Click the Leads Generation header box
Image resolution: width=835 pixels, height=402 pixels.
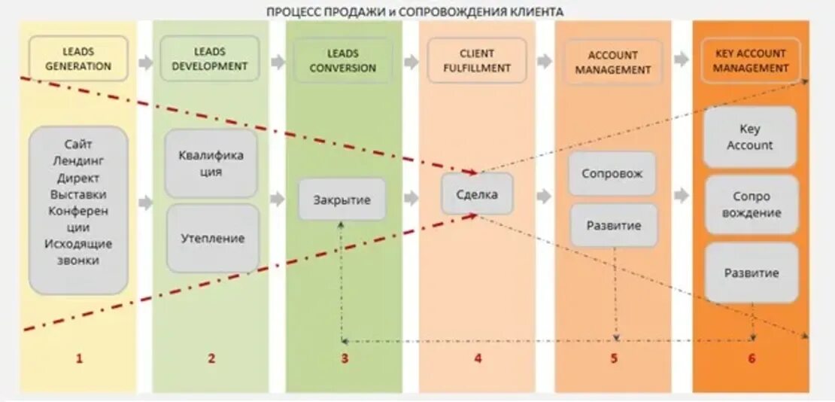(78, 59)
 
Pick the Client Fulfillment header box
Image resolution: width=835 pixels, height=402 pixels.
(476, 61)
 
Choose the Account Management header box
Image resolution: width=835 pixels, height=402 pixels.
(613, 62)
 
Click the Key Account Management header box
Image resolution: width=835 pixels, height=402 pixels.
(750, 60)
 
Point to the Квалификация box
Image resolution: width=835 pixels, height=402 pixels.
(211, 163)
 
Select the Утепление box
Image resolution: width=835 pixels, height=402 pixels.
(212, 238)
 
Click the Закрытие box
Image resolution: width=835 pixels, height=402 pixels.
(342, 199)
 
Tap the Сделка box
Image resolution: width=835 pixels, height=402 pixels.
(477, 194)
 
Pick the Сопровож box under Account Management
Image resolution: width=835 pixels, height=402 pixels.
(612, 173)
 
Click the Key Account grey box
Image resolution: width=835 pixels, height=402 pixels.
(749, 137)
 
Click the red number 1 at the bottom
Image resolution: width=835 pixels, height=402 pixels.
(78, 358)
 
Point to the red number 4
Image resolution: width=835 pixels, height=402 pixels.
(477, 358)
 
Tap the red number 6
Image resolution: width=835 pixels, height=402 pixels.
(751, 358)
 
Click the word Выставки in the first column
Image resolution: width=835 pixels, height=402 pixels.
(78, 194)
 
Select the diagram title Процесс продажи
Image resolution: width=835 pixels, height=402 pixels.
(415, 11)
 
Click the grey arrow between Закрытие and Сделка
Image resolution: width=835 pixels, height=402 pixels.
(411, 199)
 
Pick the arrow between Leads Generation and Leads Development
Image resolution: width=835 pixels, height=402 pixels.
(146, 62)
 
